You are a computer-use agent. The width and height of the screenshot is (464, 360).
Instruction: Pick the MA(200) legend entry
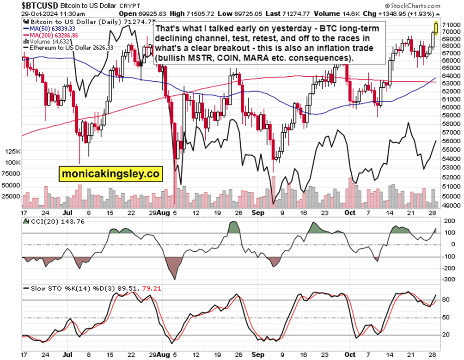[x=51, y=36]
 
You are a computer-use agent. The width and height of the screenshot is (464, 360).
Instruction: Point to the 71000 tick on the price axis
[x=449, y=24]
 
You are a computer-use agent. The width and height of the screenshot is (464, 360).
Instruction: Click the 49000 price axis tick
[x=449, y=206]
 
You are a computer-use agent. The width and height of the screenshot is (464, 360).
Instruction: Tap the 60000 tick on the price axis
[x=449, y=107]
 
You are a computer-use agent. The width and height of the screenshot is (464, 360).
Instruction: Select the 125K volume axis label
[x=12, y=152]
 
